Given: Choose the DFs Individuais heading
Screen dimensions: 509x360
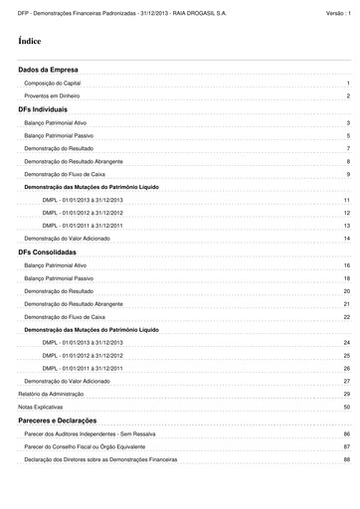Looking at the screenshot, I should (x=43, y=108).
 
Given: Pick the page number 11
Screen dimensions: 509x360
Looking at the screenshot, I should (x=346, y=200).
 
